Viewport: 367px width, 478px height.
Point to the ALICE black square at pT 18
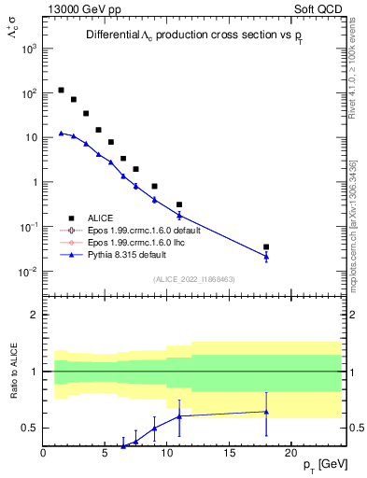266,247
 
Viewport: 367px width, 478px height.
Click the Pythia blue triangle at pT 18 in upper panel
266,257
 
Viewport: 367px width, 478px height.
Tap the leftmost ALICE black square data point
61,91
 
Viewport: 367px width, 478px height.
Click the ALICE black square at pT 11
179,204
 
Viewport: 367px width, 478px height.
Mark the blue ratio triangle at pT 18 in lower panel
266,412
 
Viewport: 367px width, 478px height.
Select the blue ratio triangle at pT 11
179,416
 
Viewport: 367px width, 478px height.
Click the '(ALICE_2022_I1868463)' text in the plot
194,279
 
